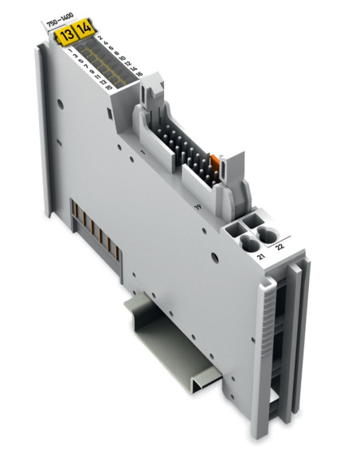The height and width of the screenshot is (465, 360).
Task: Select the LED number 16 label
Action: (140, 74)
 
